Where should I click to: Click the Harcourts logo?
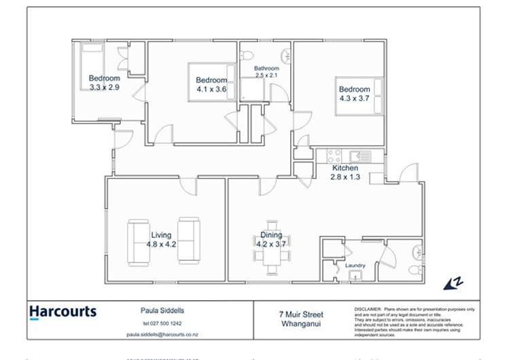pyautogui.click(x=63, y=313)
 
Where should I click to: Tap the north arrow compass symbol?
pyautogui.click(x=453, y=283)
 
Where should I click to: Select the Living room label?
pyautogui.click(x=161, y=235)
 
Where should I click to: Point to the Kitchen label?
pyautogui.click(x=345, y=168)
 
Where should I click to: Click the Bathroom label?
pyautogui.click(x=266, y=69)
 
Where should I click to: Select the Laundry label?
pyautogui.click(x=355, y=265)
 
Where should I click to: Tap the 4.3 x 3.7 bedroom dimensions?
pyautogui.click(x=355, y=98)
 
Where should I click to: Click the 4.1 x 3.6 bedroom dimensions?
pyautogui.click(x=211, y=89)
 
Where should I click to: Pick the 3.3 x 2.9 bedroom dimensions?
pyautogui.click(x=104, y=87)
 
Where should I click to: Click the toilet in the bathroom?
pyautogui.click(x=247, y=54)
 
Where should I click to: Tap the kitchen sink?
pyautogui.click(x=360, y=156)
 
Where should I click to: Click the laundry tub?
pyautogui.click(x=354, y=276)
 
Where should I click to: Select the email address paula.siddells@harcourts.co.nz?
pyautogui.click(x=161, y=334)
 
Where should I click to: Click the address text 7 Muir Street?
pyautogui.click(x=301, y=314)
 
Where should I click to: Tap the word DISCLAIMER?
pyautogui.click(x=368, y=309)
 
